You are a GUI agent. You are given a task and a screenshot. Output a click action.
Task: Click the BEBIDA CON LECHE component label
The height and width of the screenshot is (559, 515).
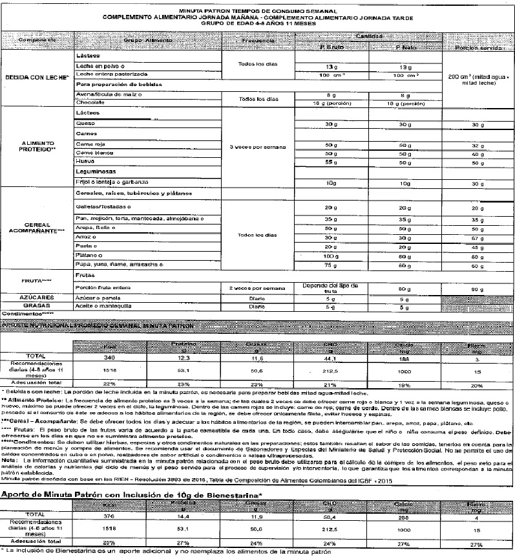click(36, 77)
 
